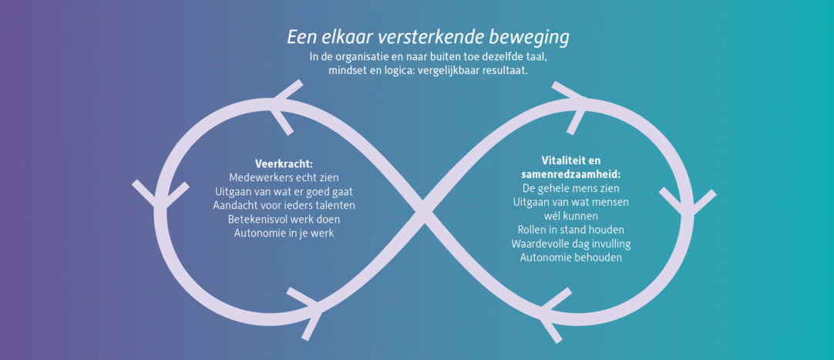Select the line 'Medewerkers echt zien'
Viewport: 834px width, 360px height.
(284, 177)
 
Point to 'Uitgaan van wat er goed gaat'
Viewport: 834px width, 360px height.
(284, 191)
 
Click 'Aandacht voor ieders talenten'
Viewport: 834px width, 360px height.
(284, 205)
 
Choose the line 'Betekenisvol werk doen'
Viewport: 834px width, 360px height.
(284, 219)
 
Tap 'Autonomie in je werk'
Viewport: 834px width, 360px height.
(284, 233)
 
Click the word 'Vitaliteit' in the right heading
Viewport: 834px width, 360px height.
(560, 160)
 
